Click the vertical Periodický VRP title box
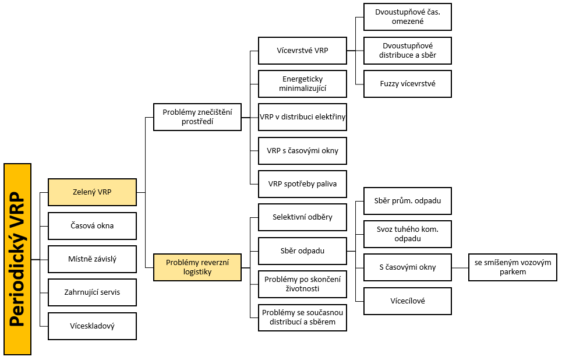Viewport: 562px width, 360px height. [x=17, y=259]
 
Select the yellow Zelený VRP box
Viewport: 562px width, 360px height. [x=92, y=192]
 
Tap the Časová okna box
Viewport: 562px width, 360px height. [x=92, y=226]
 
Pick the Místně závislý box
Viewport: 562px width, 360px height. [x=92, y=259]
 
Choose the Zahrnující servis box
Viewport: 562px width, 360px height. [x=92, y=292]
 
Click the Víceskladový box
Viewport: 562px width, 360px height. [x=92, y=326]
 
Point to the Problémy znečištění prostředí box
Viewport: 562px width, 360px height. [x=197, y=117]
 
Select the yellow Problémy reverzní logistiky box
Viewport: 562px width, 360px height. [x=197, y=267]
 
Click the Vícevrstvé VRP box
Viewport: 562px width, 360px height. [x=302, y=51]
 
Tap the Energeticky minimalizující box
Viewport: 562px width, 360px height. [x=302, y=84]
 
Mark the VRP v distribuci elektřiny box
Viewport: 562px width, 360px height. [x=302, y=117]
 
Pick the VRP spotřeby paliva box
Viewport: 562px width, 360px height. [x=302, y=184]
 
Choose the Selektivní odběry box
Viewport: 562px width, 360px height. [x=302, y=217]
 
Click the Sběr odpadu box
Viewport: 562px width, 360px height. [x=302, y=250]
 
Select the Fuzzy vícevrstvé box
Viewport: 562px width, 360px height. [x=408, y=84]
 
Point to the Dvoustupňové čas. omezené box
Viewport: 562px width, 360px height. [x=408, y=17]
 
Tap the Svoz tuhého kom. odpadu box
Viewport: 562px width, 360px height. [x=408, y=234]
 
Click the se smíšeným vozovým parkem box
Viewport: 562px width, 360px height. [x=512, y=267]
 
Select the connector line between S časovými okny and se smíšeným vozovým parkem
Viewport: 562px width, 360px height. [x=460, y=268]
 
